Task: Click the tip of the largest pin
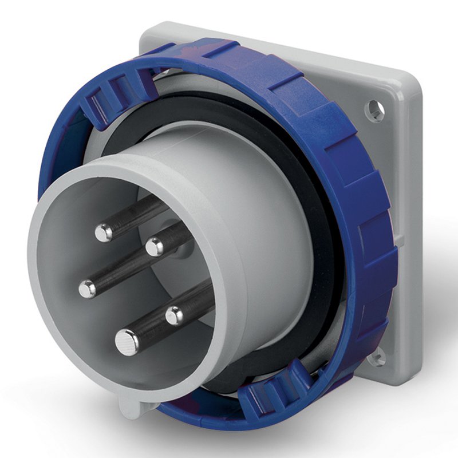(127, 342)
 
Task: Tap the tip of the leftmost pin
(88, 289)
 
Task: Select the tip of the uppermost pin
(104, 232)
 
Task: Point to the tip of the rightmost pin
(174, 314)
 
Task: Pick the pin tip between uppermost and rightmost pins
(154, 247)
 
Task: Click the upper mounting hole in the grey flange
(374, 109)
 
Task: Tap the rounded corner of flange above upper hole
(401, 86)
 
